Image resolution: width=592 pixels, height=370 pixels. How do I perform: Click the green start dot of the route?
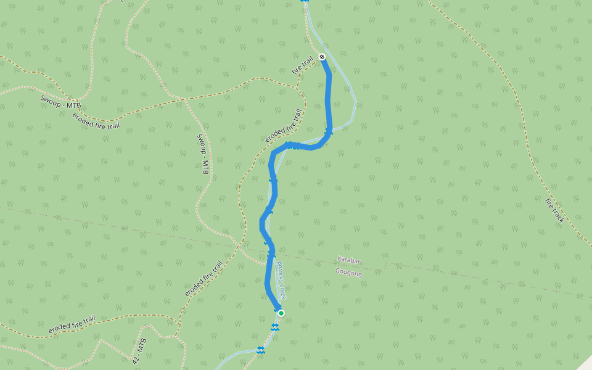pyautogui.click(x=281, y=313)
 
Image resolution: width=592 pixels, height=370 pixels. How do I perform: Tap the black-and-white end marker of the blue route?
pyautogui.click(x=322, y=57)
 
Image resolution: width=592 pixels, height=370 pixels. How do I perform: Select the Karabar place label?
pyautogui.click(x=349, y=260)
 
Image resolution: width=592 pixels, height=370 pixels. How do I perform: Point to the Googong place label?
pyautogui.click(x=348, y=271)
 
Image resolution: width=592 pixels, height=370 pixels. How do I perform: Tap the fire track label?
pyautogui.click(x=554, y=210)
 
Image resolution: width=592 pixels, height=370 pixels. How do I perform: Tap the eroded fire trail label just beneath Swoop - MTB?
pyautogui.click(x=96, y=121)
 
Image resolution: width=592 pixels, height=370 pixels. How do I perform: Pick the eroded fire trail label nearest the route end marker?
pyautogui.click(x=284, y=126)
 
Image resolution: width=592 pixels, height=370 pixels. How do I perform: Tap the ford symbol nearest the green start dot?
pyautogui.click(x=275, y=327)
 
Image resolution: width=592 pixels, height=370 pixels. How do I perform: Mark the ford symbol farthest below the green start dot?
pyautogui.click(x=261, y=350)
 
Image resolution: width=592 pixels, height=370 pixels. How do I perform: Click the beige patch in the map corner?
pyautogui.click(x=584, y=363)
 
